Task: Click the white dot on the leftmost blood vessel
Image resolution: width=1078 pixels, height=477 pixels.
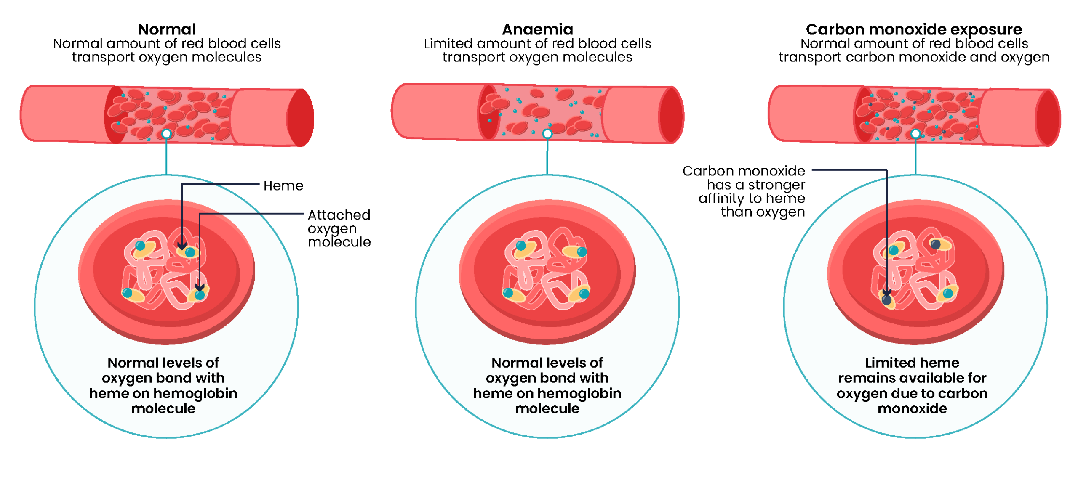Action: pyautogui.click(x=167, y=134)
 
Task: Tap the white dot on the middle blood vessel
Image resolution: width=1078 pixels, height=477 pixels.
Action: pyautogui.click(x=547, y=134)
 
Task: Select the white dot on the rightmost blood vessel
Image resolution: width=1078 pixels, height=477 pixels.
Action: pyautogui.click(x=915, y=134)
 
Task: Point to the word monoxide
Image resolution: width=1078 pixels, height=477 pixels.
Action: pyautogui.click(x=912, y=408)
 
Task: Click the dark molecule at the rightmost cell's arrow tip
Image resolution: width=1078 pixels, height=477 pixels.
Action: pyautogui.click(x=886, y=300)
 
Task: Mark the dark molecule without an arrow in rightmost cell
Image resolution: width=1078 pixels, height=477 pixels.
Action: pyautogui.click(x=936, y=244)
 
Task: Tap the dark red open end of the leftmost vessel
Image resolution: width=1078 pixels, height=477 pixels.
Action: pyautogui.click(x=300, y=118)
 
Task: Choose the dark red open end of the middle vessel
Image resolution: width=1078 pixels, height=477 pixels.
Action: pyautogui.click(x=671, y=115)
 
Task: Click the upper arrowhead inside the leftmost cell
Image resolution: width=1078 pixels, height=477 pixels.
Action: pyautogui.click(x=182, y=246)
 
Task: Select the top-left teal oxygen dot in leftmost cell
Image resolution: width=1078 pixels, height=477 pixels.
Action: pyautogui.click(x=140, y=245)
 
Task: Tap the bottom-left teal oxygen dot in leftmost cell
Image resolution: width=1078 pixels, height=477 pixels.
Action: pyautogui.click(x=128, y=293)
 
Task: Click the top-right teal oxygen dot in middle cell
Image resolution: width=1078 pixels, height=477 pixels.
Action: pyautogui.click(x=582, y=252)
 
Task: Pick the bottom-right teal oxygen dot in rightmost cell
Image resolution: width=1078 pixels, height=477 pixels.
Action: pyautogui.click(x=948, y=293)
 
